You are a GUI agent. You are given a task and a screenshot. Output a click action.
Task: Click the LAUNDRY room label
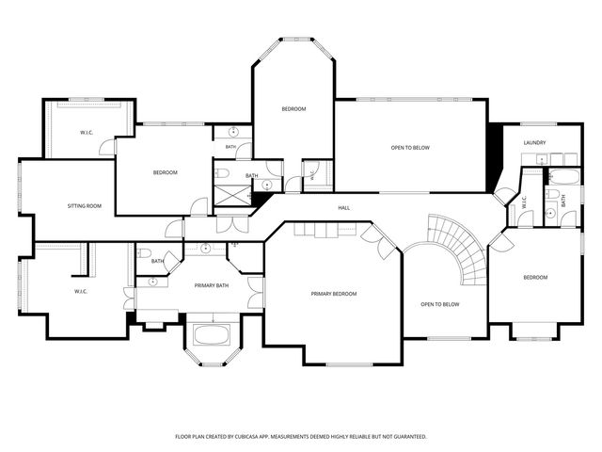coord(534,142)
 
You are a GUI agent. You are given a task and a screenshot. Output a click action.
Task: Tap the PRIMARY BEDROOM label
coord(334,294)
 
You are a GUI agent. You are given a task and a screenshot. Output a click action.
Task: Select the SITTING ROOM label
coord(85,206)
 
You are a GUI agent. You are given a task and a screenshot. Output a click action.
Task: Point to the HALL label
coord(343,208)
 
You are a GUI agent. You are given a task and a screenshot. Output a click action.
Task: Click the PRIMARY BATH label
coord(211,285)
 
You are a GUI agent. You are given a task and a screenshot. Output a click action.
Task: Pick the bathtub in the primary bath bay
coord(212,335)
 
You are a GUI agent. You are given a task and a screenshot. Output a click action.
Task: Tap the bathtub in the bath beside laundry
coord(563,177)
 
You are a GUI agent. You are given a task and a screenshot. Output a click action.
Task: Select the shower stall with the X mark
coord(232,196)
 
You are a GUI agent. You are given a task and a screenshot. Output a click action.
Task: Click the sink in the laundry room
coord(542,158)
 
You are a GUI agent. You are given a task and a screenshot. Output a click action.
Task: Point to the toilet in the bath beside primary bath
coord(145,253)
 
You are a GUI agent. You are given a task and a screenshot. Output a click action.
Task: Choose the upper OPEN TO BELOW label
coord(410,148)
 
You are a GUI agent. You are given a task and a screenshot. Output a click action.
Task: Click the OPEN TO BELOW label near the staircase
coord(440,304)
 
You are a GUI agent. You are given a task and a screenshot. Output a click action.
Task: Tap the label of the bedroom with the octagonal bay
coord(293,109)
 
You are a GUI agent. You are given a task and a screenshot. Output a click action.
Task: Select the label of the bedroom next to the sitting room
coord(166,172)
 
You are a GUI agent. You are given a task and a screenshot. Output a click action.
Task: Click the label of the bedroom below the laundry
coord(535,278)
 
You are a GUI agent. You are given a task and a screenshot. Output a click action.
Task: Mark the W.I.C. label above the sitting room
coord(87,133)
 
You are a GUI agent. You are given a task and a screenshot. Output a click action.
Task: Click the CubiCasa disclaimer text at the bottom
coord(301,437)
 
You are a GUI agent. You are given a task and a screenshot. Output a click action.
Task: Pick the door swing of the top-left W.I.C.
coord(107,148)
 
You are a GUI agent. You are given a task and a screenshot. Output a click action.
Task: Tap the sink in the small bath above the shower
coord(233,132)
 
